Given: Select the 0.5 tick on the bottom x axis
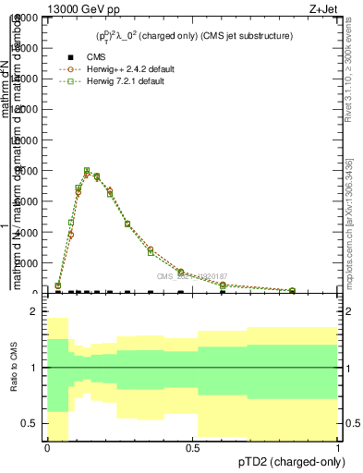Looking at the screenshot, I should [x=192, y=448].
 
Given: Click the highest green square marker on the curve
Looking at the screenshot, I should [x=87, y=171].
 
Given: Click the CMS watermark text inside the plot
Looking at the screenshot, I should [x=191, y=276].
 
